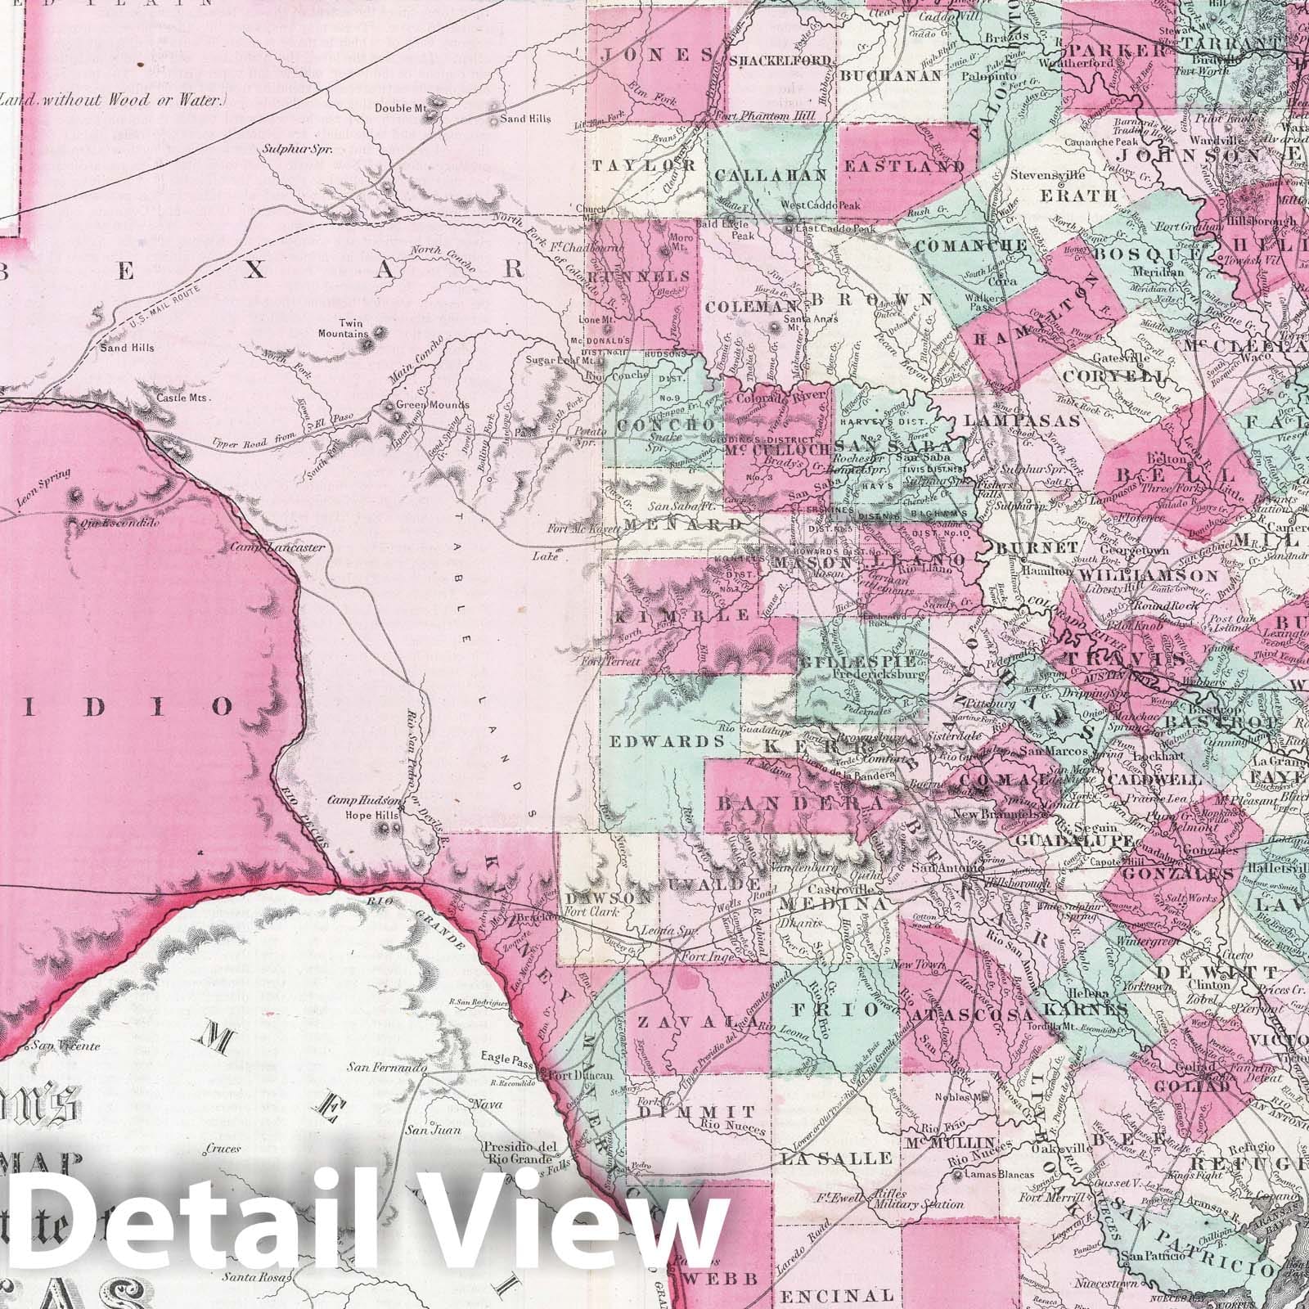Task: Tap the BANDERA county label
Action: pyautogui.click(x=789, y=803)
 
